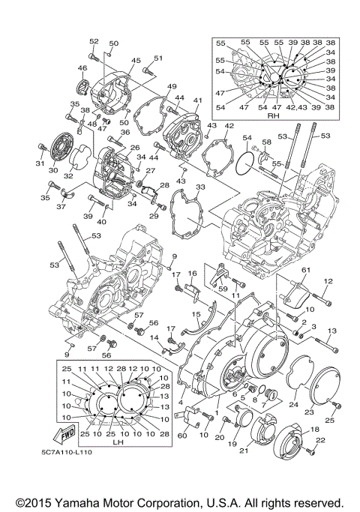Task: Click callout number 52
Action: click(94, 41)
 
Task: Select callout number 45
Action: click(136, 61)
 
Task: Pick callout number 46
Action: click(82, 68)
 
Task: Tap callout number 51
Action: click(158, 58)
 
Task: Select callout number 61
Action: click(305, 269)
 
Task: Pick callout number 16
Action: click(192, 274)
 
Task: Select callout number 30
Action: click(52, 170)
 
